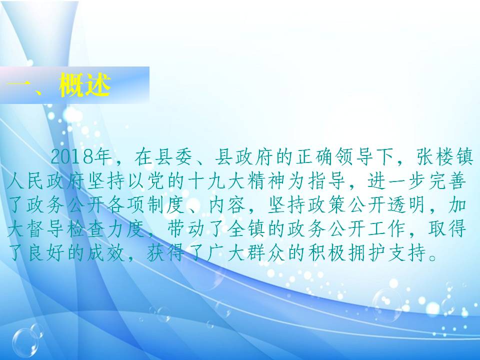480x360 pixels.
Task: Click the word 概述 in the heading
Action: point(85,85)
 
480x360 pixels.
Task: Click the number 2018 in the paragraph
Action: point(72,156)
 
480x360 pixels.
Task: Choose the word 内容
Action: point(227,205)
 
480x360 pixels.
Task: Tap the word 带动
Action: point(186,229)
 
